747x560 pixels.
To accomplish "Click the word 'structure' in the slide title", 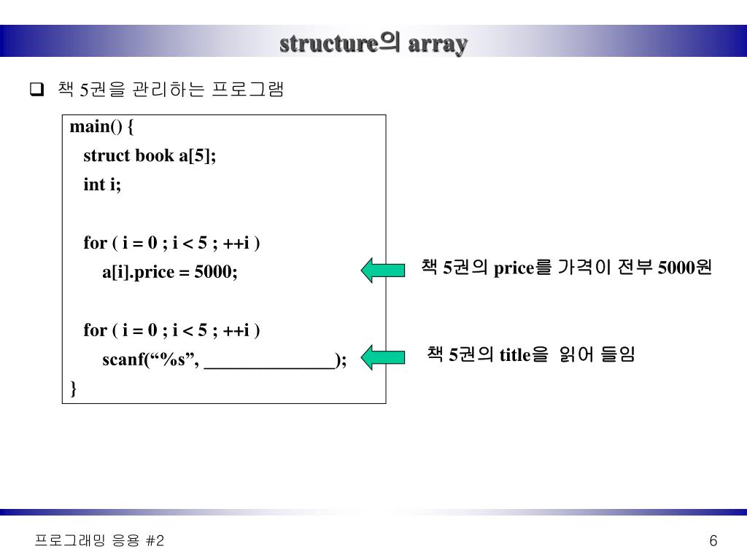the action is pyautogui.click(x=328, y=44).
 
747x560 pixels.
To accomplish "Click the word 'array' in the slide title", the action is pyautogui.click(x=438, y=44).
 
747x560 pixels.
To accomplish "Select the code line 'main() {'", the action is pyautogui.click(x=102, y=127).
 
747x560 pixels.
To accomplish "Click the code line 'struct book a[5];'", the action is pyautogui.click(x=150, y=156).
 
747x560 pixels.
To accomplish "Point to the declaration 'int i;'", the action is pyautogui.click(x=102, y=184).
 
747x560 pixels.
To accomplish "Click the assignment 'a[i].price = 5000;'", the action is pyautogui.click(x=170, y=272).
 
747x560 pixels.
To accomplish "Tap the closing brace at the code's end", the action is pyautogui.click(x=73, y=389).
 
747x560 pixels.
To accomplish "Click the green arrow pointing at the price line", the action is pyautogui.click(x=383, y=270).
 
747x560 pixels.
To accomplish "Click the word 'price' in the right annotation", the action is pyautogui.click(x=514, y=268).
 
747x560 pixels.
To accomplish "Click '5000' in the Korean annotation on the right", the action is pyautogui.click(x=676, y=268).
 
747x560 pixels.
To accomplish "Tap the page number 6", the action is pyautogui.click(x=713, y=540).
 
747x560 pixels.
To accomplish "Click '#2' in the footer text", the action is pyautogui.click(x=155, y=540).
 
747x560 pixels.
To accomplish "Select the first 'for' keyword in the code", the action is pyautogui.click(x=95, y=243).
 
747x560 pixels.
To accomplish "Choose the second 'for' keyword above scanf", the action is pyautogui.click(x=95, y=330).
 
